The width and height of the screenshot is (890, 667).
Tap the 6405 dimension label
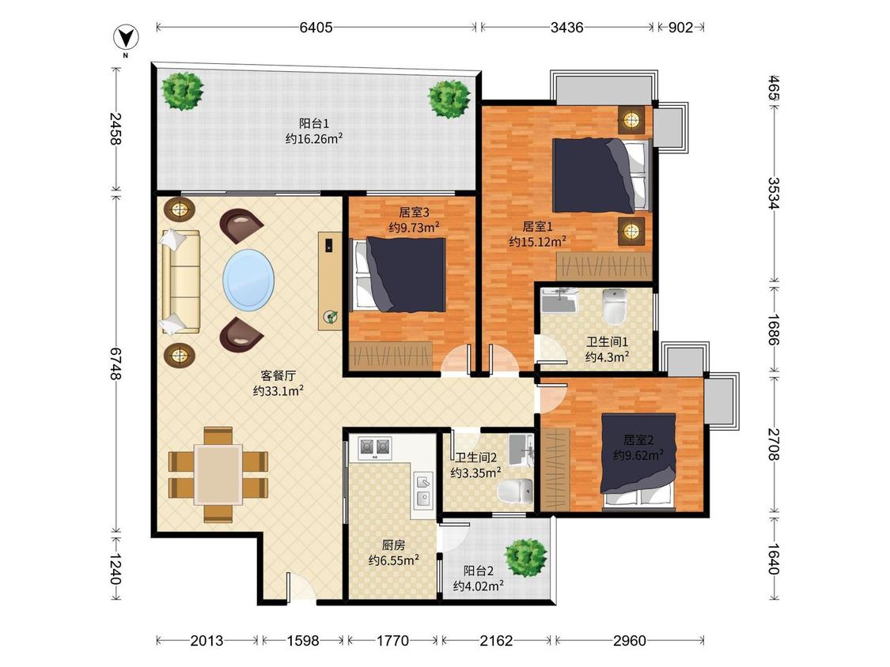(x=316, y=27)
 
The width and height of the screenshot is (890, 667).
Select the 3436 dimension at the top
(x=566, y=27)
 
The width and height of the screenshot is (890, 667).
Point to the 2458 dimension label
(x=116, y=128)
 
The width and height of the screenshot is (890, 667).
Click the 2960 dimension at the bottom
(x=630, y=640)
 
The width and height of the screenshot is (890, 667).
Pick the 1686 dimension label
(x=773, y=330)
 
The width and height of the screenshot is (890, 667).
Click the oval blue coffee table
(x=248, y=279)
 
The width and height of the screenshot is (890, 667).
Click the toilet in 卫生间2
(x=516, y=491)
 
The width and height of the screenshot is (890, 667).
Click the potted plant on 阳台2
(x=526, y=557)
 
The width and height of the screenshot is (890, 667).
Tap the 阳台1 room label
(x=314, y=123)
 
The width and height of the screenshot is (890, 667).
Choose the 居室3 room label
(x=414, y=212)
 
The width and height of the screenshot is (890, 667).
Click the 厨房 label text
(x=393, y=545)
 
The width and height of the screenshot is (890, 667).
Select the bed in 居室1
(x=600, y=175)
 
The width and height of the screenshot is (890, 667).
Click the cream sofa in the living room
(x=181, y=281)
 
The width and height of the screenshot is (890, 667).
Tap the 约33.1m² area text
(x=278, y=390)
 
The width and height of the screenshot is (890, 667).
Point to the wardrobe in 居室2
(x=555, y=469)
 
